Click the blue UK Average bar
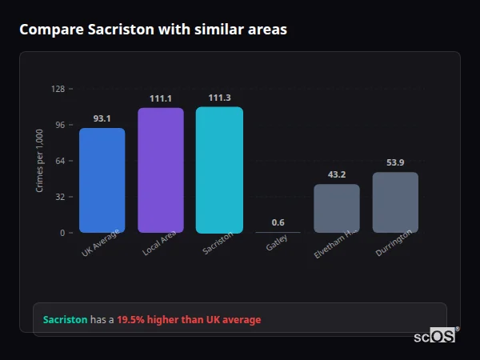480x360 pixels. click(102, 180)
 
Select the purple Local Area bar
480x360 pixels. click(160, 170)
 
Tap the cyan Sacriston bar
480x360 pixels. click(219, 170)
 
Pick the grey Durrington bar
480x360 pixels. click(395, 202)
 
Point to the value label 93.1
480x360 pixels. click(102, 118)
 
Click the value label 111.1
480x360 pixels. click(160, 98)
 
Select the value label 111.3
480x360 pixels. click(219, 98)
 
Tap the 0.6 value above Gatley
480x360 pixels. click(278, 222)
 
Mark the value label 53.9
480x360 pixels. click(395, 162)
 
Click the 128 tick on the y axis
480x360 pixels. click(58, 89)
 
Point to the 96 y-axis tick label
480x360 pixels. click(59, 125)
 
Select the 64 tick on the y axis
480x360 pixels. click(59, 161)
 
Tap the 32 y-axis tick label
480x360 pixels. click(59, 197)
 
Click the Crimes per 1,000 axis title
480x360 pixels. click(40, 161)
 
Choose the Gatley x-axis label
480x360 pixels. click(278, 243)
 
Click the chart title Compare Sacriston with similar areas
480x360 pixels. click(153, 30)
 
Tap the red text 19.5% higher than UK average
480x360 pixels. click(189, 319)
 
